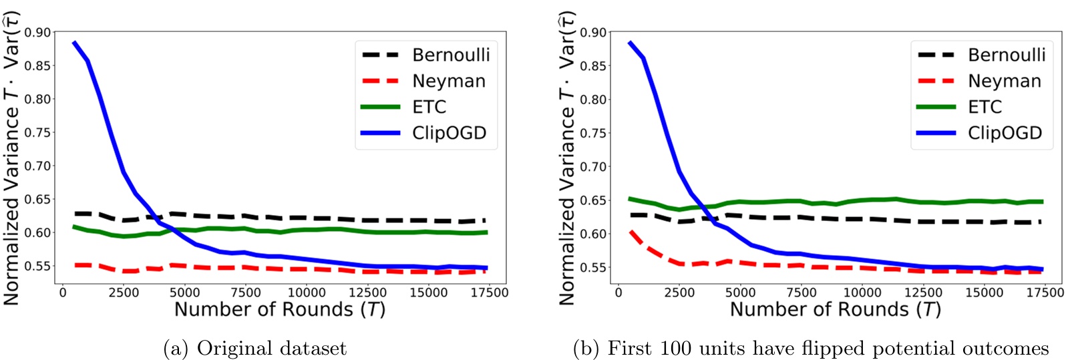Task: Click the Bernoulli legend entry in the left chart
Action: click(451, 55)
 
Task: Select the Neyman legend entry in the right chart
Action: click(1005, 81)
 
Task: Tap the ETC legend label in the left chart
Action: click(429, 107)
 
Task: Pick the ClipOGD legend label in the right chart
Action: click(1005, 133)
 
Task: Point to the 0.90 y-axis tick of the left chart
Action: click(37, 32)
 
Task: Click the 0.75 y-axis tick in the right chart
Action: click(593, 133)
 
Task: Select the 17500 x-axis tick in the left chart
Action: click(490, 293)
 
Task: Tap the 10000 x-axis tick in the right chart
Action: click(862, 293)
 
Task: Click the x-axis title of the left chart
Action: click(280, 310)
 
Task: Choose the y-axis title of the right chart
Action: click(567, 158)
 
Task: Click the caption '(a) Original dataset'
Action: click(254, 349)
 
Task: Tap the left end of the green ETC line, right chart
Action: click(630, 198)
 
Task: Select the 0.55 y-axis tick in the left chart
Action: click(37, 266)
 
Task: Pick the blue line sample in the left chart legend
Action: click(380, 133)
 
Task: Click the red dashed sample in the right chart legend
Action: click(936, 81)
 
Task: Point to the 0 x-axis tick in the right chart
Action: click(618, 293)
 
